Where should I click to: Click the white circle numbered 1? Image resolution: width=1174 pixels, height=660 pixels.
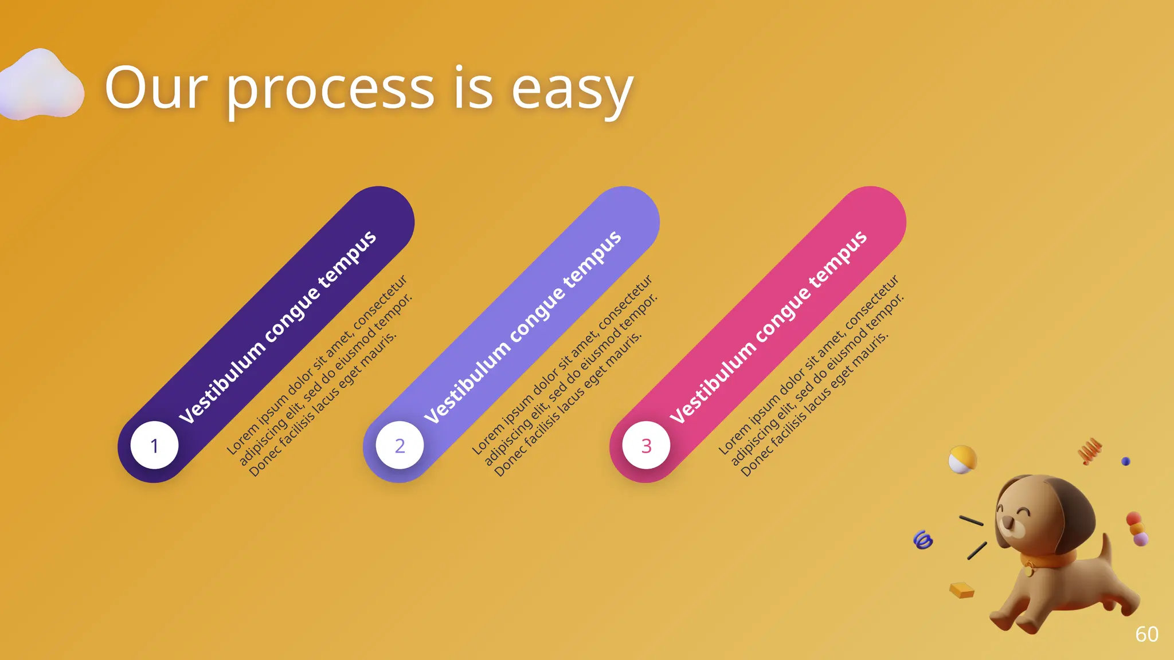click(154, 445)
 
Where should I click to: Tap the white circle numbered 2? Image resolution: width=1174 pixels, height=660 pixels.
click(400, 445)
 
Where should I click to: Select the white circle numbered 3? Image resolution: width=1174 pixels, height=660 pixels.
click(646, 445)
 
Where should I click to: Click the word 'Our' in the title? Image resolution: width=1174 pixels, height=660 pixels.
click(156, 88)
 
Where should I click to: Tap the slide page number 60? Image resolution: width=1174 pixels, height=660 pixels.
click(1146, 634)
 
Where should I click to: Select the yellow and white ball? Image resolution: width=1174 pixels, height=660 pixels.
click(962, 459)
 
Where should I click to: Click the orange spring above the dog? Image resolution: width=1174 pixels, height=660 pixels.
click(1090, 450)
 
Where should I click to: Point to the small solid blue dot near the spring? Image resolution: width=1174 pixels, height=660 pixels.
click(1126, 461)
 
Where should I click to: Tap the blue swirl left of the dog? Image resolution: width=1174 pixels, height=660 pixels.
click(923, 540)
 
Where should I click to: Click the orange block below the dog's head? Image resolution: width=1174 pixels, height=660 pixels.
click(962, 590)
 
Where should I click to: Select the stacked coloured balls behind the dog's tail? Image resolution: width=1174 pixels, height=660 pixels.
click(1137, 529)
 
